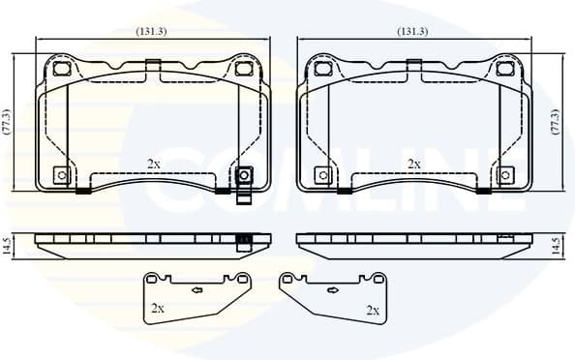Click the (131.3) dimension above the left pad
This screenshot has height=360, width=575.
click(152, 32)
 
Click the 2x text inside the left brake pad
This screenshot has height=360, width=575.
click(153, 164)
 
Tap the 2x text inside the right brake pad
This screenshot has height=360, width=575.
click(413, 164)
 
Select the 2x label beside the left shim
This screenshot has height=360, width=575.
click(158, 310)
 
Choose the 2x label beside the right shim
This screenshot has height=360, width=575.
click(373, 310)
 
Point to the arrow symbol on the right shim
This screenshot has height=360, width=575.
click(335, 288)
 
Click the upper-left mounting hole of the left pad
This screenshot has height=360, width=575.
click(64, 70)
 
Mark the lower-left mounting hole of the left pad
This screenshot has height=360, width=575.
click(62, 175)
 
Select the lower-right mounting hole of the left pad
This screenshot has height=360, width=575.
click(244, 175)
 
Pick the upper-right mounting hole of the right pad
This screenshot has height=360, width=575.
click(501, 70)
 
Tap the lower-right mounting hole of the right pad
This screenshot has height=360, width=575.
click(503, 175)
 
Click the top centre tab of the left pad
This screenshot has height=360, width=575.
click(152, 66)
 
